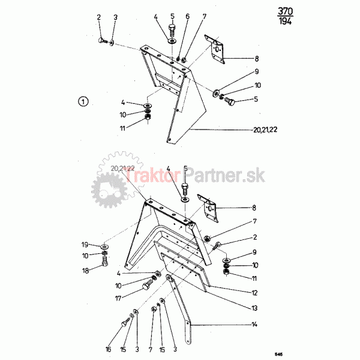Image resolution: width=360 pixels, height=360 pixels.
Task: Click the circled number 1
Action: [83, 101]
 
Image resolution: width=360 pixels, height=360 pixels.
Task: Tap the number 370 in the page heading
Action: [286, 11]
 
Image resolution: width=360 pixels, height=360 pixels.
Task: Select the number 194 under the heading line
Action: [285, 21]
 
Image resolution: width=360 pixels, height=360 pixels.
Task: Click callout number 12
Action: [254, 293]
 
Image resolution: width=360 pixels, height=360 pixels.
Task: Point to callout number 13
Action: [254, 308]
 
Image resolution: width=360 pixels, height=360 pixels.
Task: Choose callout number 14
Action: [254, 325]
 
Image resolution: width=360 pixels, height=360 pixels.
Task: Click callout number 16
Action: [108, 349]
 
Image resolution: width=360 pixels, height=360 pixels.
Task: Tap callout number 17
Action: [118, 298]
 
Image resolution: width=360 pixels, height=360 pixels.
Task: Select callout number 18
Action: [85, 271]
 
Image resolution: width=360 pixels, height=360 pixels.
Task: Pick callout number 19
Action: [85, 245]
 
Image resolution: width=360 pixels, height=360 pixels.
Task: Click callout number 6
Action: [188, 16]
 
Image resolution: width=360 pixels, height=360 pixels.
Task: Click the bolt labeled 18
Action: [104, 261]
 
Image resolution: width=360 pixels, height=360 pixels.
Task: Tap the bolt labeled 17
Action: [148, 284]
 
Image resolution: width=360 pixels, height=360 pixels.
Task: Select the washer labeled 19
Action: [104, 247]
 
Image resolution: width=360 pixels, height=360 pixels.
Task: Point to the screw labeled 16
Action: [126, 322]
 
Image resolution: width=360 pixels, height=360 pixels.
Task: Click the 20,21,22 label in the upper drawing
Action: [265, 130]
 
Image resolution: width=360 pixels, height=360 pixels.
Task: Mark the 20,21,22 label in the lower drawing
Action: [122, 169]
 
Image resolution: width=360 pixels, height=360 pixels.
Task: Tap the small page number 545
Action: [279, 354]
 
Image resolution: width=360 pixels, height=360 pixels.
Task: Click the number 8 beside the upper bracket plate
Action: [257, 59]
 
